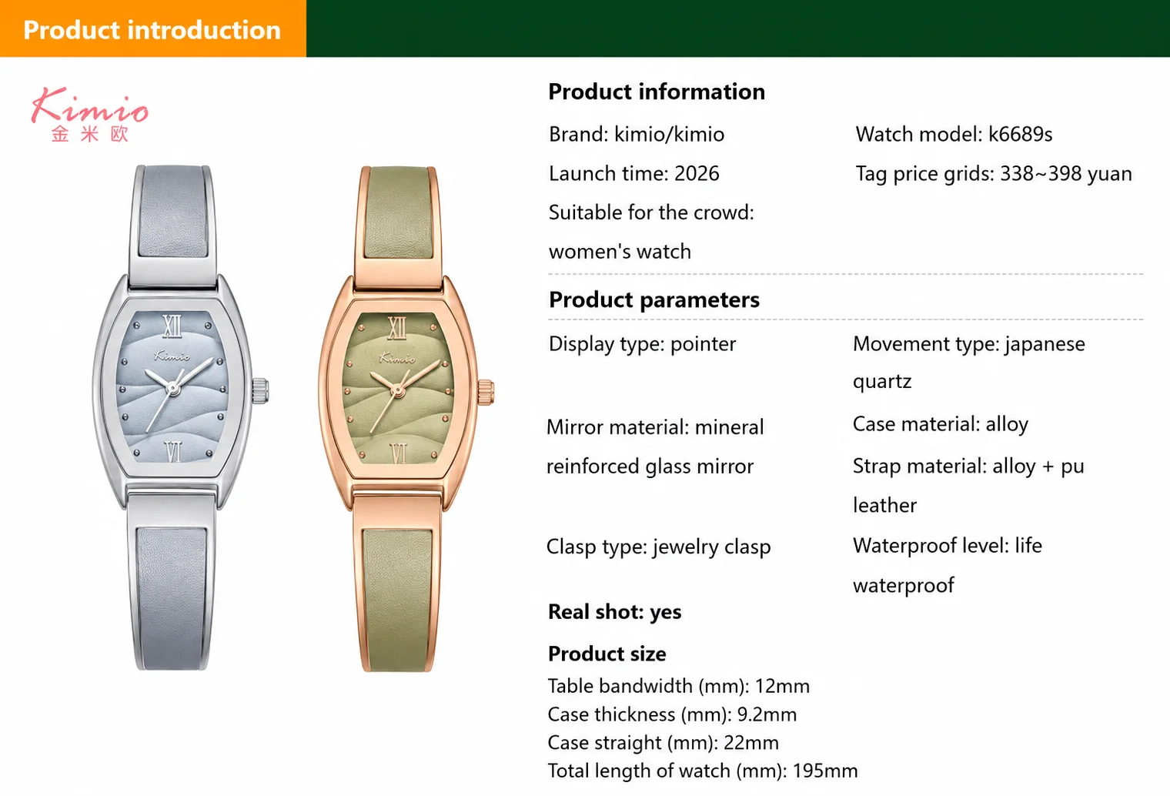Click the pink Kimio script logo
[x=90, y=106]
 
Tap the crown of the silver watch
[x=260, y=391]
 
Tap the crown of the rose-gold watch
[x=486, y=393]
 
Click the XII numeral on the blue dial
[x=172, y=326]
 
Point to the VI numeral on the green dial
[x=399, y=453]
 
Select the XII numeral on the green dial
[x=397, y=328]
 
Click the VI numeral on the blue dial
[x=173, y=452]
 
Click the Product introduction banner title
[x=152, y=30]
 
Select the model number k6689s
[x=1020, y=134]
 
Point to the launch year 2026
[x=697, y=173]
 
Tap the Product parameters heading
[x=654, y=299]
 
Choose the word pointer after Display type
[x=703, y=344]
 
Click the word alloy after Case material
[x=1007, y=424]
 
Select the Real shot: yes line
[x=615, y=611]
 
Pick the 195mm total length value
[x=825, y=771]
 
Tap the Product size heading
[x=607, y=654]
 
